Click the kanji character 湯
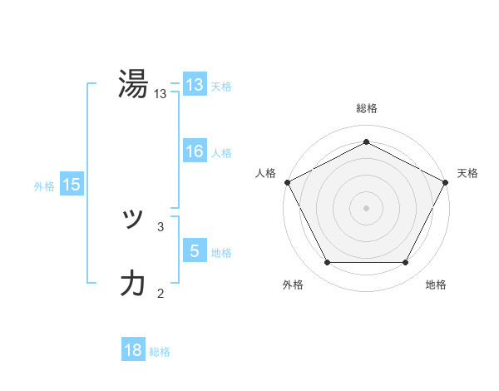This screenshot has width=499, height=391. point(133,85)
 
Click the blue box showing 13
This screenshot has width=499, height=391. point(194,85)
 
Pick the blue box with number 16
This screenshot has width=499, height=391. point(194,151)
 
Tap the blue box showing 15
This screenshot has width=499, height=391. point(71,186)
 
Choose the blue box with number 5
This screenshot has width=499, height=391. point(194,251)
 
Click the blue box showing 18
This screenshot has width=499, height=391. point(133,350)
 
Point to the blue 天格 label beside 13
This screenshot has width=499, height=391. point(221,87)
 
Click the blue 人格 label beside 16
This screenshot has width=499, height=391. point(221,153)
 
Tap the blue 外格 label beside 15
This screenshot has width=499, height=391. point(44,186)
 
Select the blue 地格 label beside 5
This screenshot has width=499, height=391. point(221,253)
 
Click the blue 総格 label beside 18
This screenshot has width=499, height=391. point(160,352)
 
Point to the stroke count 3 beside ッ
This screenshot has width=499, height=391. point(161,225)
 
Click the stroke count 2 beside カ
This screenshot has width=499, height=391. point(161,292)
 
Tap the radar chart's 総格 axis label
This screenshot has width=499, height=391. point(366,109)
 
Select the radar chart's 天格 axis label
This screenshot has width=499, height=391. point(467,173)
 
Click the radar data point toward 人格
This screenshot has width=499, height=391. point(287,181)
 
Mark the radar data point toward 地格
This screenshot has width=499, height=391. point(406,263)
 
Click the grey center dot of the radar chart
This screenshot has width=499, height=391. point(366,207)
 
